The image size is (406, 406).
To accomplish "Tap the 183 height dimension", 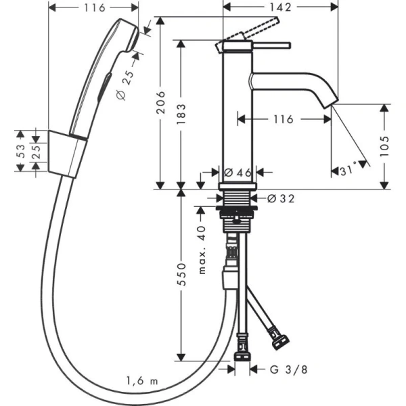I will click(182, 113).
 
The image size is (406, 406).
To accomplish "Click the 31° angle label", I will click(348, 171).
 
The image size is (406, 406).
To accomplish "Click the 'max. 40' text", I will click(202, 250).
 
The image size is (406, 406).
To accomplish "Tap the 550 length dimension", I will click(182, 275).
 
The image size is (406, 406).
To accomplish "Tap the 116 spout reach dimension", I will click(283, 119).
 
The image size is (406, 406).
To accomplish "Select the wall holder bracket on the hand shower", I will click(68, 152).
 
